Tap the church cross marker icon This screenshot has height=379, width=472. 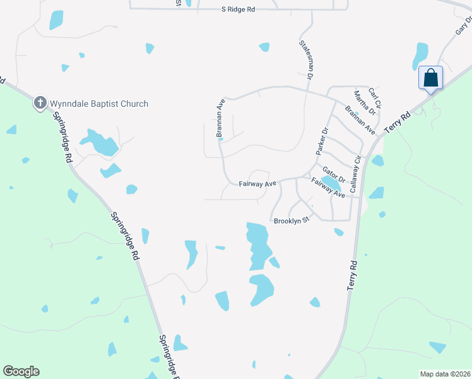pos(40,102)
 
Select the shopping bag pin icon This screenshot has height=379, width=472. pos(430,78)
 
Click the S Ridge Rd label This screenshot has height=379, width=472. pos(239,10)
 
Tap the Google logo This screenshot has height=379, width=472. pos(21,371)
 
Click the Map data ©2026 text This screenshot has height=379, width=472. pos(444,374)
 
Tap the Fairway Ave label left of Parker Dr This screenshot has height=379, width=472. pos(257,184)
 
